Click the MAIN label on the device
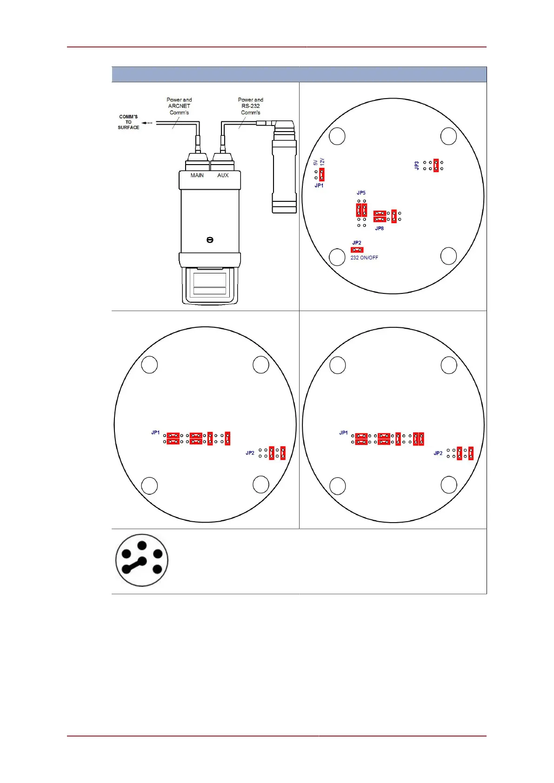point(197,175)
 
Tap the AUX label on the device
point(223,175)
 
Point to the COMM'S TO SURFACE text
point(128,122)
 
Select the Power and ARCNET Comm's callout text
point(179,106)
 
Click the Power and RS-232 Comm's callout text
point(250,106)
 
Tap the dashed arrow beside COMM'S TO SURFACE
point(147,123)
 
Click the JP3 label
point(417,165)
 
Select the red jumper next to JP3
point(436,165)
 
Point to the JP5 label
point(361,192)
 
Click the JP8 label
point(380,228)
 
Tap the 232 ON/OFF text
point(364,258)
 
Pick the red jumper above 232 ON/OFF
point(357,250)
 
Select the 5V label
point(315,162)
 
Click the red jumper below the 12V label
point(321,174)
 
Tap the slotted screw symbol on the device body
point(210,240)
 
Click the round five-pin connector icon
point(142,560)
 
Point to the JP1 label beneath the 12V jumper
point(319,186)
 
